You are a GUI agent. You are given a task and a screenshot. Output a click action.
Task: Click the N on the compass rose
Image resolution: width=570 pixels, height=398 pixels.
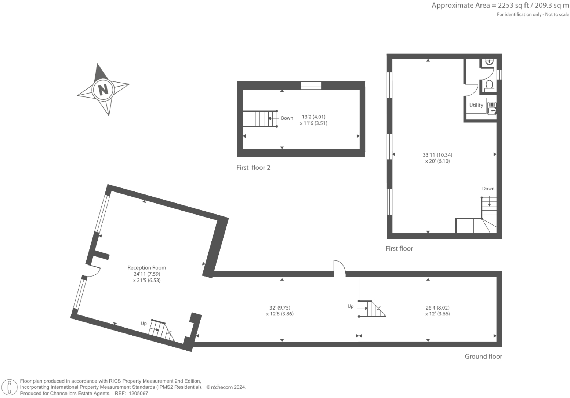click(x=103, y=90)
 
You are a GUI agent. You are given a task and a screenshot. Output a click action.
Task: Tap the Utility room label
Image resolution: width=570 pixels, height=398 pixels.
click(x=476, y=105)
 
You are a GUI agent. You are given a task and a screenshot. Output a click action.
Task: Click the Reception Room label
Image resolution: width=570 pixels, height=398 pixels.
click(x=146, y=268)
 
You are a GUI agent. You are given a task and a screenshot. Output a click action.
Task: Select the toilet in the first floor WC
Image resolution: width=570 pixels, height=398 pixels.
click(x=489, y=86)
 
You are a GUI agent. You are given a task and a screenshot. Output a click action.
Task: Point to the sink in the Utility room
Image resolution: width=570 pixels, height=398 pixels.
click(x=492, y=108)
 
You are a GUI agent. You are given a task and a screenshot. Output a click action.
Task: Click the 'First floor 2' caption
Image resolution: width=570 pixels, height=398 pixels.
click(x=253, y=168)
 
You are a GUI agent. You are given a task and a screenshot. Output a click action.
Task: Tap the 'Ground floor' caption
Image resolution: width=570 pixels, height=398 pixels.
click(x=483, y=357)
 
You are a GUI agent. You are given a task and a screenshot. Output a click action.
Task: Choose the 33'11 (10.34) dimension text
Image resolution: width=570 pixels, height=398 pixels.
click(x=438, y=155)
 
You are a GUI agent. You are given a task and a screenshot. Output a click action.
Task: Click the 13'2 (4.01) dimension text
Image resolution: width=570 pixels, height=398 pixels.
click(x=313, y=117)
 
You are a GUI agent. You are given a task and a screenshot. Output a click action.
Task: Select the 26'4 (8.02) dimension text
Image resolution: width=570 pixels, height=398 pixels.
click(x=437, y=308)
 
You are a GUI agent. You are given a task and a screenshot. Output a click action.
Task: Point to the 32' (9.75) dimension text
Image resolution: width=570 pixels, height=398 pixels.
click(x=280, y=308)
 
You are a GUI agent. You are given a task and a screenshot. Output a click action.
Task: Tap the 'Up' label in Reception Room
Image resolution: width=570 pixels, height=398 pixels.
click(x=144, y=324)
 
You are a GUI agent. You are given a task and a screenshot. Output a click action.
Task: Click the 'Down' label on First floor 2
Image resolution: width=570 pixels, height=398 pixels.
click(x=287, y=118)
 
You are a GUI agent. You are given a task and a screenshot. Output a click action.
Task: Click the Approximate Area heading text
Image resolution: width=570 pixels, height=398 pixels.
click(x=500, y=6)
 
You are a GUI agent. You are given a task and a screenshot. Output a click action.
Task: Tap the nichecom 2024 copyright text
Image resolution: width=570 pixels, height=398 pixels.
click(x=226, y=387)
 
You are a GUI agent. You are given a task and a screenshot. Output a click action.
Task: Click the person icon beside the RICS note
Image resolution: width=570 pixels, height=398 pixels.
click(x=10, y=387)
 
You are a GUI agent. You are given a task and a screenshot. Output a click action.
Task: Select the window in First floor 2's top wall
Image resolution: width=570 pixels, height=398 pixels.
click(x=311, y=85)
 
